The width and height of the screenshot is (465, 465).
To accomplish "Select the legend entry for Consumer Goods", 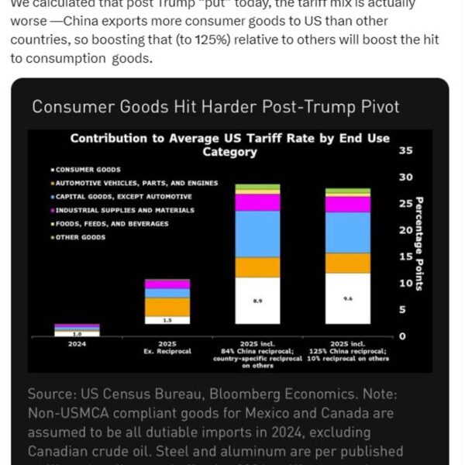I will point(88,169).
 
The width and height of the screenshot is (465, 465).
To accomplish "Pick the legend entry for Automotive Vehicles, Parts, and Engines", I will point(136,183).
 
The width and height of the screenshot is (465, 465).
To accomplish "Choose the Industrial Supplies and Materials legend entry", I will point(113,210).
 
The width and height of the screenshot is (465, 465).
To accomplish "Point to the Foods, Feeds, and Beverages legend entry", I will point(112,224).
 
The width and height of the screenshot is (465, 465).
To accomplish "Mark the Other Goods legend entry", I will point(80,237).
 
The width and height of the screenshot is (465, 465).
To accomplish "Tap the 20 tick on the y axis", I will point(405,230).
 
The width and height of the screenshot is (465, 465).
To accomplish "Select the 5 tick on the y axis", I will point(402,310).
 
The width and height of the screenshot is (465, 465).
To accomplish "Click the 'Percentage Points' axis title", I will point(420,243).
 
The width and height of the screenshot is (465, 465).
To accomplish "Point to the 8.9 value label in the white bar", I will point(258,300).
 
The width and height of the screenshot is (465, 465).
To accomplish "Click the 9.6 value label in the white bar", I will point(348,298).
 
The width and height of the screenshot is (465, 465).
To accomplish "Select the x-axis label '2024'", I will point(77,343).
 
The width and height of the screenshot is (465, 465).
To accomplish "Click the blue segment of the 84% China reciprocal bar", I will point(258,234).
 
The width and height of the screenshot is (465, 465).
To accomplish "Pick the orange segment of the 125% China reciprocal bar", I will point(348,263).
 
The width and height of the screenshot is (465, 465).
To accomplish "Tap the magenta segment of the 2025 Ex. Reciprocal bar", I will point(167,284).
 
